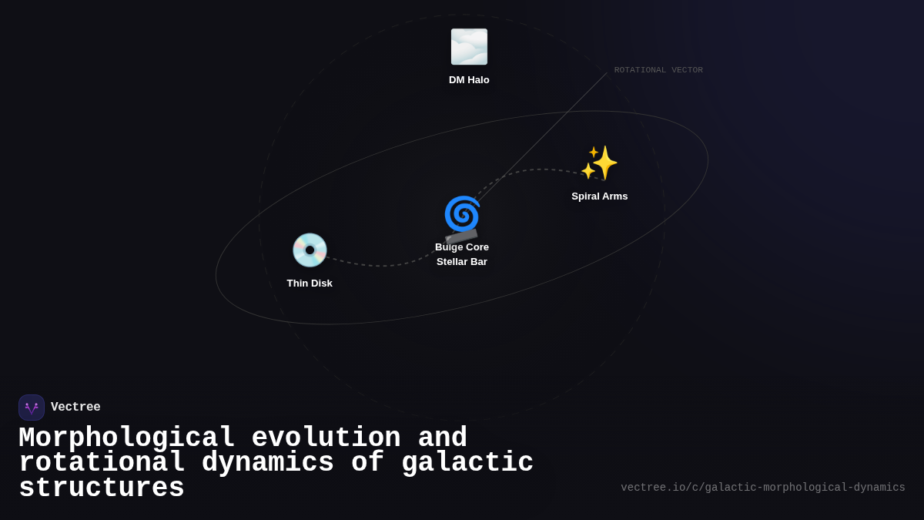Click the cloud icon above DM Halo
[x=469, y=47]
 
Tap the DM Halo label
[x=469, y=80]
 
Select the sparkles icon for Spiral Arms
[x=599, y=163]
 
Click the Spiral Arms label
[x=599, y=196]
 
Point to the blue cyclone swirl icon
[x=461, y=213]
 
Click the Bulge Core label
[x=462, y=247]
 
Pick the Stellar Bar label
[x=462, y=262]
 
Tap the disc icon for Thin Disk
[x=310, y=250]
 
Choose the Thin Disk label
[x=310, y=283]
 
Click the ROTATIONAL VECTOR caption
[x=658, y=70]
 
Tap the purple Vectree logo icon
[x=32, y=408]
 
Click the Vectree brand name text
[x=75, y=408]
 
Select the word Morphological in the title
[x=127, y=438]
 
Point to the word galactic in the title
[x=467, y=463]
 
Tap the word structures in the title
[x=102, y=488]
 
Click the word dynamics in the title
[x=268, y=463]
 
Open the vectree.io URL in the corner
[x=762, y=488]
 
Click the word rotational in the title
[x=102, y=463]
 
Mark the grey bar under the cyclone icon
[x=461, y=237]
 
